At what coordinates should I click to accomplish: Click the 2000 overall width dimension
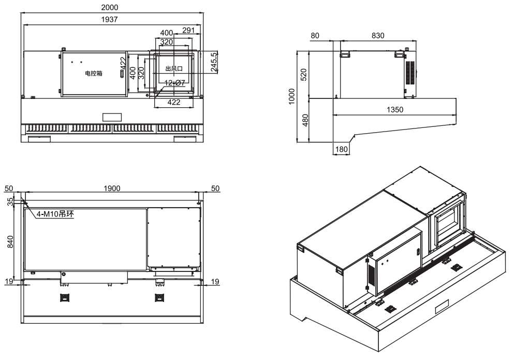point(110,8)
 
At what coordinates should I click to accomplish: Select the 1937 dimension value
point(110,20)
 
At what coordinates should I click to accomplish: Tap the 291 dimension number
point(188,31)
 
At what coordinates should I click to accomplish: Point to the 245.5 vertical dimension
point(214,62)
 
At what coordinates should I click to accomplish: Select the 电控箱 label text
point(94,74)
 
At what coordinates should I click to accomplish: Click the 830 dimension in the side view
point(377,35)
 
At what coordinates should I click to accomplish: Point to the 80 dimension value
point(314,35)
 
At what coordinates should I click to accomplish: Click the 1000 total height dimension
point(291,96)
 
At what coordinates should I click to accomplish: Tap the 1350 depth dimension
point(394,110)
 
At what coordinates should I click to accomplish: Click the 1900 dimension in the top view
point(111,188)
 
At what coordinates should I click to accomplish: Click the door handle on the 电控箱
point(122,74)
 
